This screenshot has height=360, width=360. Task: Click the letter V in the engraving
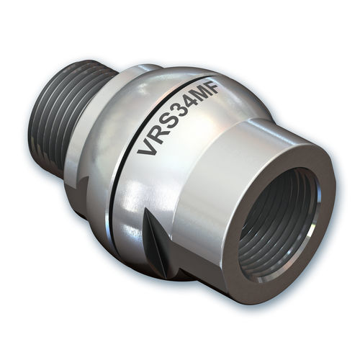[147, 148]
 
